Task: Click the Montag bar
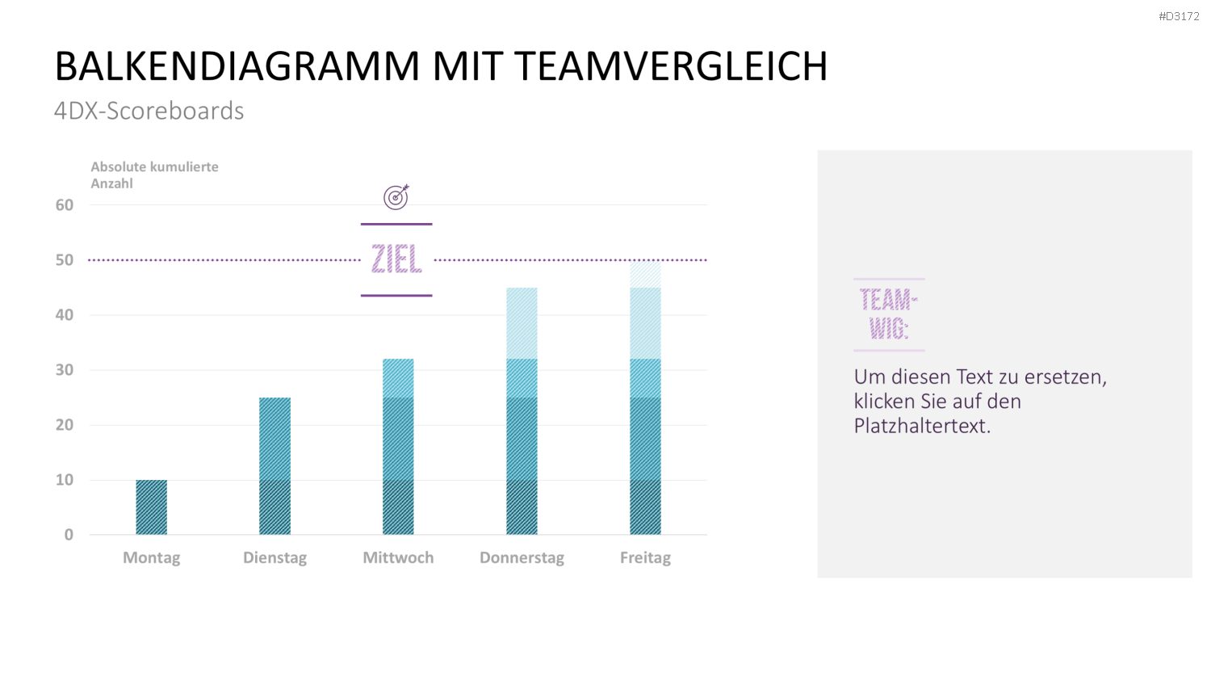pyautogui.click(x=152, y=507)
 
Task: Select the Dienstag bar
pyautogui.click(x=274, y=466)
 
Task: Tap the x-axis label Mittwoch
pyautogui.click(x=398, y=558)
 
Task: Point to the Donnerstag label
pyautogui.click(x=522, y=558)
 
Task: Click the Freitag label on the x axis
pyautogui.click(x=645, y=558)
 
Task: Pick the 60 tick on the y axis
pyautogui.click(x=65, y=205)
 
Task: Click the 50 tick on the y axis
pyautogui.click(x=65, y=260)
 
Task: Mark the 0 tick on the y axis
pyautogui.click(x=69, y=535)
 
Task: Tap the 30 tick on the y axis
pyautogui.click(x=65, y=370)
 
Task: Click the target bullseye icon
pyautogui.click(x=396, y=196)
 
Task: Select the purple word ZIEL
pyautogui.click(x=396, y=259)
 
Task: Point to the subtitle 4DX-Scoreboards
pyautogui.click(x=149, y=111)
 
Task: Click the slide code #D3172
pyautogui.click(x=1179, y=16)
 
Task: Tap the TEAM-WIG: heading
pyautogui.click(x=889, y=314)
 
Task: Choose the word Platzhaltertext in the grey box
pyautogui.click(x=922, y=426)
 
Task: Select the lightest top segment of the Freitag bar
pyautogui.click(x=645, y=274)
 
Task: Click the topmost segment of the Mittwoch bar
pyautogui.click(x=398, y=378)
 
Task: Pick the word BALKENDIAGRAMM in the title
pyautogui.click(x=237, y=66)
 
